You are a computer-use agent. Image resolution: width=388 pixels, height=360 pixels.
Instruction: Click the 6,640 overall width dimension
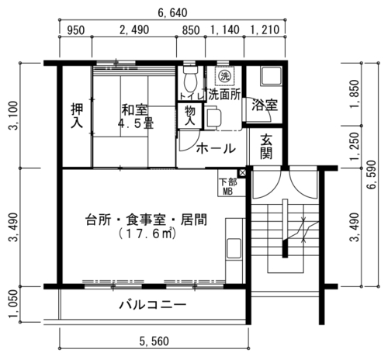(x=172, y=12)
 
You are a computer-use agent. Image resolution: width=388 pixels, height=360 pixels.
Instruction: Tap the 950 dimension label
(x=76, y=30)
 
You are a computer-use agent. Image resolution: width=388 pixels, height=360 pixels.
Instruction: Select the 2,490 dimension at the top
(x=134, y=29)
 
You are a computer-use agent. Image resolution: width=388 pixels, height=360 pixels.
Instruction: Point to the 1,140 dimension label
(x=225, y=29)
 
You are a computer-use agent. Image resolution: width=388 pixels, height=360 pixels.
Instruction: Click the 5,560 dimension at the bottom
(x=154, y=341)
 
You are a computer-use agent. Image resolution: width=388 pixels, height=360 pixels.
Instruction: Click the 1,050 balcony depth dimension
(x=13, y=304)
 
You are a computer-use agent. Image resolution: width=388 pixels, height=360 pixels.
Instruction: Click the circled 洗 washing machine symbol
(x=224, y=76)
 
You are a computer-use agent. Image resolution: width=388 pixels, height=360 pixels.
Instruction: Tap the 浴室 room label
(x=265, y=105)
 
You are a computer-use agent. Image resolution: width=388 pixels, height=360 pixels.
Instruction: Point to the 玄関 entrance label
(x=266, y=147)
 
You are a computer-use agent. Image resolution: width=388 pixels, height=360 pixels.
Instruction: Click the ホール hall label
(x=216, y=148)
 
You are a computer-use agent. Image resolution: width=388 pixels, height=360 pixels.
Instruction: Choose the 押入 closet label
(x=77, y=116)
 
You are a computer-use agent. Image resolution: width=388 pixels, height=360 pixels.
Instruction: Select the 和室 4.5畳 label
(x=135, y=116)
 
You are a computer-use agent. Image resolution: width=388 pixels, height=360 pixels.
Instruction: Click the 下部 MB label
(x=228, y=187)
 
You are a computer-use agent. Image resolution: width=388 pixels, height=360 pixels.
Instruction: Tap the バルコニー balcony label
(x=153, y=305)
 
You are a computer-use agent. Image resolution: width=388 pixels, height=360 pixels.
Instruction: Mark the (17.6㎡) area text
(x=147, y=234)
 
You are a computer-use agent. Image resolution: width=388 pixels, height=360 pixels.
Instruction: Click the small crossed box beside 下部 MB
(x=242, y=173)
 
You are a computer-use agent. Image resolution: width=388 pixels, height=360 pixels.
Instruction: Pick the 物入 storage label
(x=190, y=116)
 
